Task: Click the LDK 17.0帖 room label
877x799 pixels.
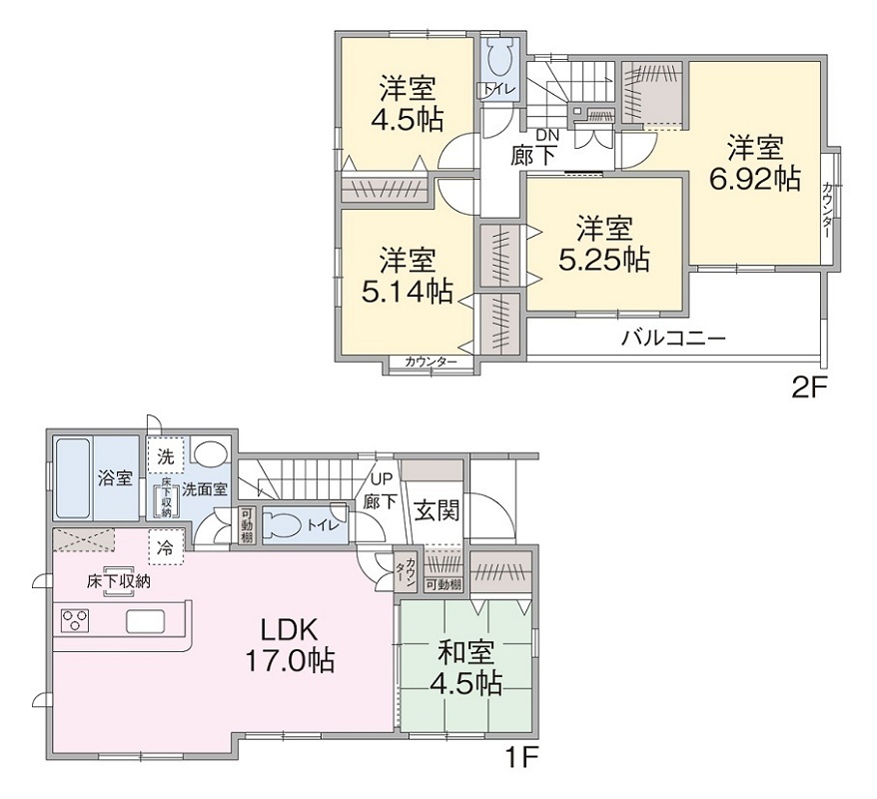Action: click(290, 645)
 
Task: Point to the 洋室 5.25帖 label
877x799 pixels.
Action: click(604, 244)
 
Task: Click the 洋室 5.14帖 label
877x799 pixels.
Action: click(408, 275)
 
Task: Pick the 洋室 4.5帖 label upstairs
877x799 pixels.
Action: click(408, 103)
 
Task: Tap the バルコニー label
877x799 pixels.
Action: click(674, 339)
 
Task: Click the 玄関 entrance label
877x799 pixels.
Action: click(437, 509)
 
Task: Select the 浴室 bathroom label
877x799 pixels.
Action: click(115, 478)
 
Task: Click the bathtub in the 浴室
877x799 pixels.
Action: click(73, 478)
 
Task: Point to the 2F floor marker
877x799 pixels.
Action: click(808, 387)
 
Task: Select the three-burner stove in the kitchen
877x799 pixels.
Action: click(74, 621)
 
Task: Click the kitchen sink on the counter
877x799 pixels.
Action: click(145, 621)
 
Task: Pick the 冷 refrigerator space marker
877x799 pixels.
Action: click(166, 548)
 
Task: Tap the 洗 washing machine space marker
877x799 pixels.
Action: click(166, 457)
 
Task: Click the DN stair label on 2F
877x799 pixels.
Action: click(543, 135)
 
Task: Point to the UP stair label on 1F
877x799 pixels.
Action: click(381, 480)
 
